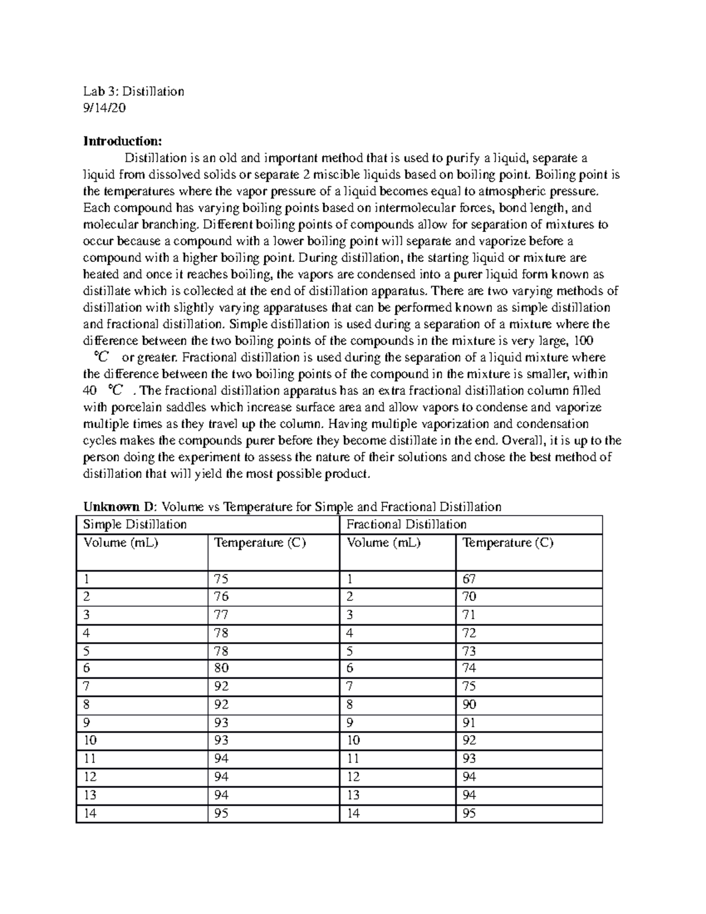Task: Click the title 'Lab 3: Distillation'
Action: [x=134, y=91]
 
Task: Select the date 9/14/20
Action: [x=104, y=108]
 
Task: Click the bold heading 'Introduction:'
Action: [x=122, y=141]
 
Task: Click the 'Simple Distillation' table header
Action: [x=135, y=524]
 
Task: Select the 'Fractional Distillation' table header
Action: [x=407, y=524]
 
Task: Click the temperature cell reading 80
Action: [x=222, y=668]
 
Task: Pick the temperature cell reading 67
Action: [x=469, y=579]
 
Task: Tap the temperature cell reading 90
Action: [x=469, y=704]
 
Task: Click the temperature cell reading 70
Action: [x=469, y=597]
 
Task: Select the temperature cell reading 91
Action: [x=469, y=723]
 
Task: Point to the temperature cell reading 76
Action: [x=222, y=597]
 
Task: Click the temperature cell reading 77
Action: [x=222, y=615]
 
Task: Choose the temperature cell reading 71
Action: [x=469, y=615]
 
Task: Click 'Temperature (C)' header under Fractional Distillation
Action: [x=508, y=543]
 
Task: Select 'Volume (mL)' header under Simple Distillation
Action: [x=121, y=543]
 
